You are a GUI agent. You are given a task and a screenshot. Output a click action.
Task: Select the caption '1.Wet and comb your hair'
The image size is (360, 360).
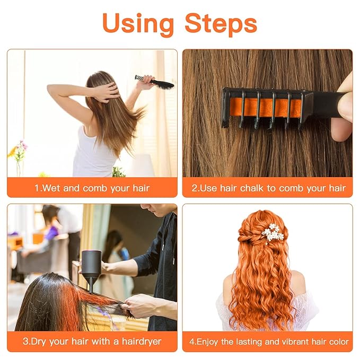pyautogui.click(x=92, y=188)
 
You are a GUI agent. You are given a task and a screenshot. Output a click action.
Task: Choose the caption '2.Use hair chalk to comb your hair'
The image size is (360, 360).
pyautogui.click(x=268, y=188)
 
